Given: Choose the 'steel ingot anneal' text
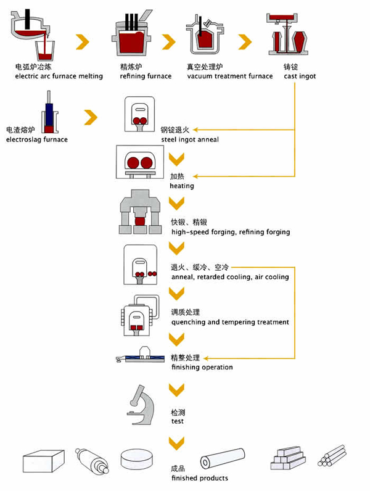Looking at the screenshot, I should click(189, 139).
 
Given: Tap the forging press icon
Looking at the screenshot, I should click(142, 213).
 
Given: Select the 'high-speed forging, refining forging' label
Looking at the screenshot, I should click(230, 232).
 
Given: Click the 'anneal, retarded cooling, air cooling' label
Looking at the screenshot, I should click(229, 277).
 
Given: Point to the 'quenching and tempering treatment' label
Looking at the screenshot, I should click(229, 322).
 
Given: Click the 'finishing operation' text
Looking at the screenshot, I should click(202, 367).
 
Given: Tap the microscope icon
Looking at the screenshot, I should click(141, 404).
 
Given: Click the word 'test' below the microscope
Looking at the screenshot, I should click(177, 422).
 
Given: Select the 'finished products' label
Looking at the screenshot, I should click(199, 478).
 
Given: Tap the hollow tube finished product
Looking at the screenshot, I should click(223, 460).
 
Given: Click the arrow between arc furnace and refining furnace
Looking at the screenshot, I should click(83, 41).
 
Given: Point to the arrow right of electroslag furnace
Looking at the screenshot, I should click(91, 116).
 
